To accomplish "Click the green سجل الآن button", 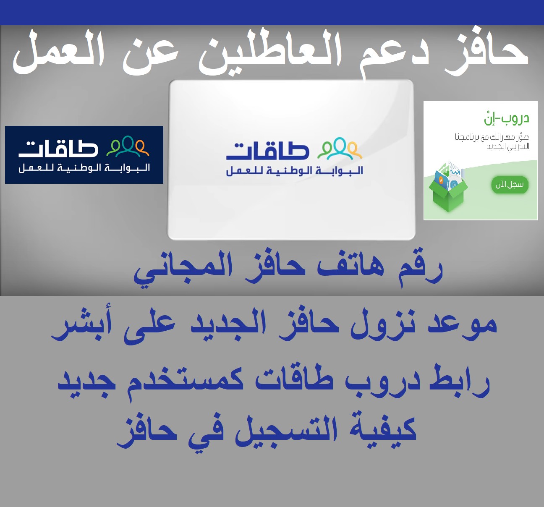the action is (510, 185).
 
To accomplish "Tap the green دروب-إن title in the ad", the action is (506, 118).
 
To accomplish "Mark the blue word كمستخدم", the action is (185, 382).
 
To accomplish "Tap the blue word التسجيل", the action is (286, 430).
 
